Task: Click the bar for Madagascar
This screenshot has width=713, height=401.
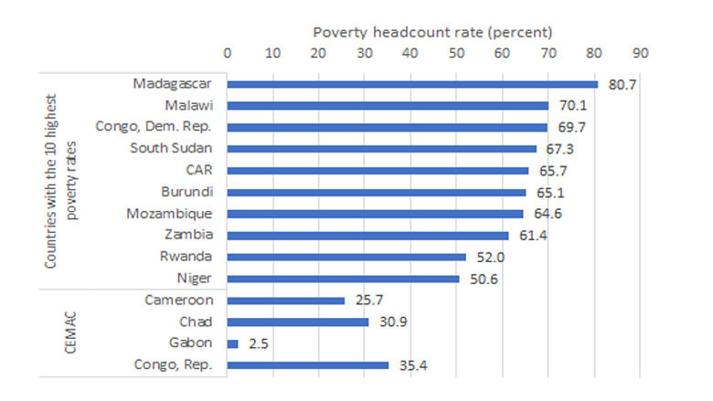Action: pos(411,84)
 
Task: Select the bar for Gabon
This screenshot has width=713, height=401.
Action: pos(232,343)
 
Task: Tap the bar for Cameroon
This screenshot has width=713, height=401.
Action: pos(285,300)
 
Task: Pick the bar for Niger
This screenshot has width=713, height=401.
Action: pos(343,279)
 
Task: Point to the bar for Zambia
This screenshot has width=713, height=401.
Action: pos(367,236)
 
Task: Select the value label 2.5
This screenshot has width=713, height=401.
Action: pos(256,343)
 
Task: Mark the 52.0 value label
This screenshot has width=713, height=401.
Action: pos(485,257)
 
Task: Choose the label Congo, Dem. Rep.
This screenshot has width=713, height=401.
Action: pos(154,127)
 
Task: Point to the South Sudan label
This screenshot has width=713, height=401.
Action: pos(172,148)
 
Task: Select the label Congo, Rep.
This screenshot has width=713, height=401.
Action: pos(178,365)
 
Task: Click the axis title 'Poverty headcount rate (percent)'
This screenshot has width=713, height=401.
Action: pos(431,32)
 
